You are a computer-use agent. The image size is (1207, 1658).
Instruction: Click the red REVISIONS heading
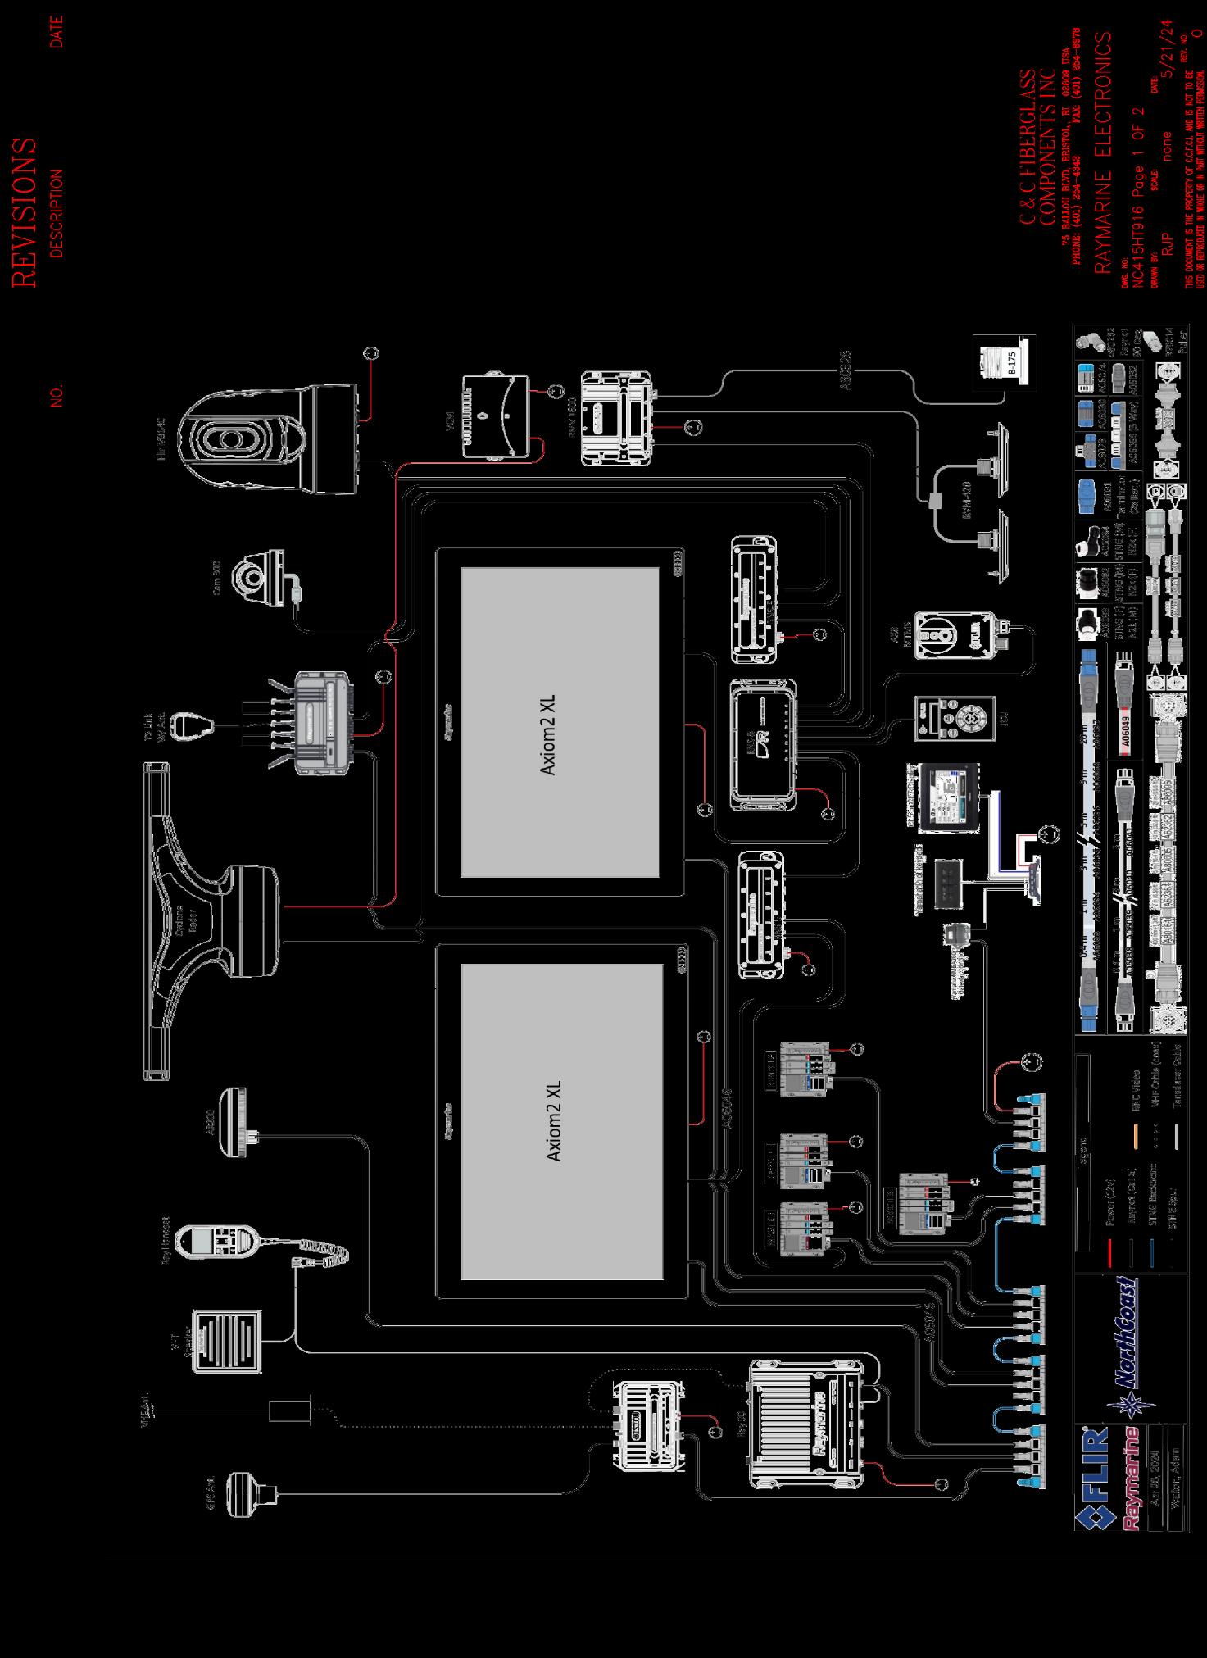25,213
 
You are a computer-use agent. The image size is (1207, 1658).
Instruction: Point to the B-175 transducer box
1005,358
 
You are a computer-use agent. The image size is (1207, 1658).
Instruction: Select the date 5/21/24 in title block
1167,49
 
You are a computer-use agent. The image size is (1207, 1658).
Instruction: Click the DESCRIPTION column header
57,213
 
